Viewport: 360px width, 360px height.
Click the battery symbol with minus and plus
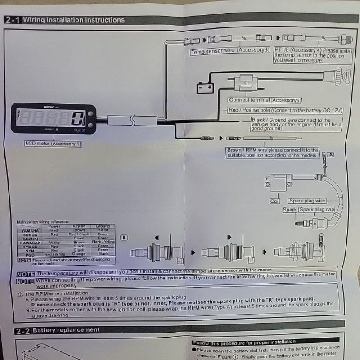point(206,87)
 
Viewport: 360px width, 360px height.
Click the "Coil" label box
point(275,201)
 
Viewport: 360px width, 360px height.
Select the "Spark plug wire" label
point(307,201)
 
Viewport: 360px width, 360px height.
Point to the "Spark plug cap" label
point(316,210)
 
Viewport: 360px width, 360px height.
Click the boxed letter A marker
point(332,154)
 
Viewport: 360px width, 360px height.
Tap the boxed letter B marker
point(125,237)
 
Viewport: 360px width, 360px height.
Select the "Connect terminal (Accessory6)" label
point(265,100)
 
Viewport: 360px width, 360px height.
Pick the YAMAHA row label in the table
point(30,230)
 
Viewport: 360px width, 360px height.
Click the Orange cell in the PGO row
point(79,254)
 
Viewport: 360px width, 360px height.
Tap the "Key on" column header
point(79,226)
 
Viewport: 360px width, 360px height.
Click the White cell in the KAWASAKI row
point(54,242)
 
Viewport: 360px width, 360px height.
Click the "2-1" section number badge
point(13,20)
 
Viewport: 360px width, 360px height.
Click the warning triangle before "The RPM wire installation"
point(20,293)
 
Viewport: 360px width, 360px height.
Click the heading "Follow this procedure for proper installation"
point(244,342)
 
